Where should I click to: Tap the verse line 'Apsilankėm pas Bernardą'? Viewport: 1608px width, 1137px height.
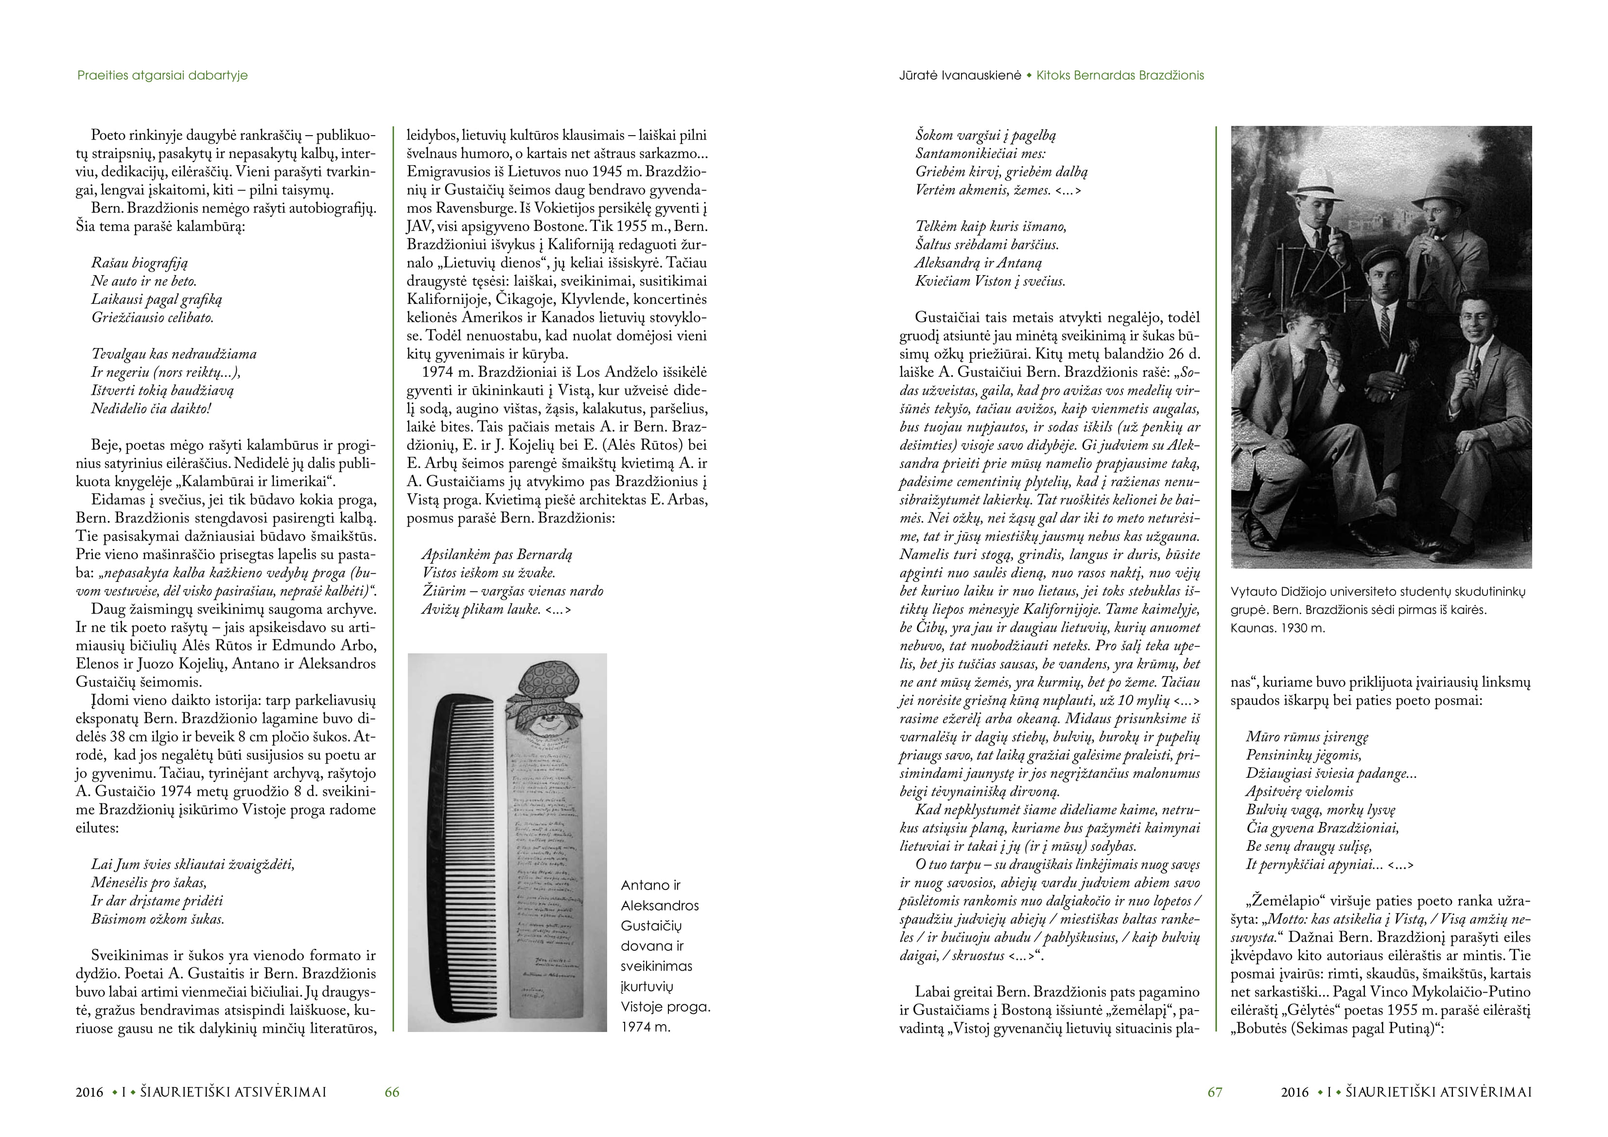(x=497, y=555)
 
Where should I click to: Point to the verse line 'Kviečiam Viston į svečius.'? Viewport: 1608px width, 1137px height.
(x=990, y=281)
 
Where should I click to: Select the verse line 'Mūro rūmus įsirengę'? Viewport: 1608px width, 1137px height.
(x=1307, y=737)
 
